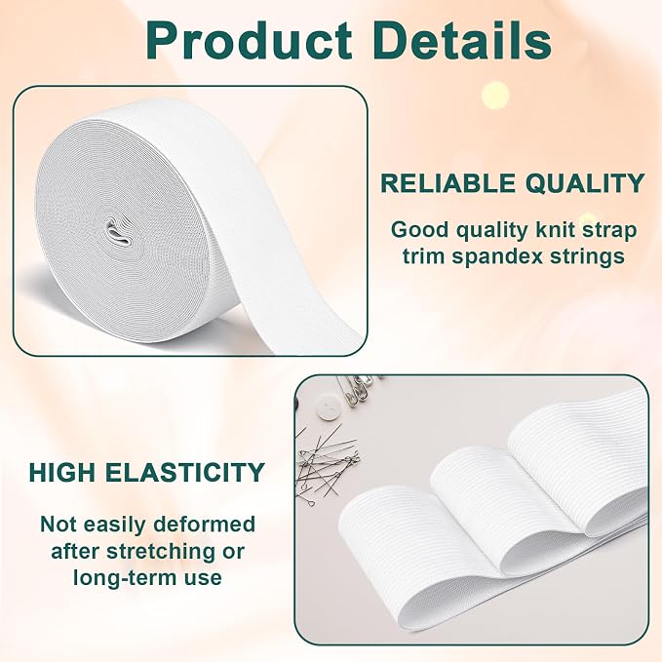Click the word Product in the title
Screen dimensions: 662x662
[250, 41]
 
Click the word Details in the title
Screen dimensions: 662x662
[462, 40]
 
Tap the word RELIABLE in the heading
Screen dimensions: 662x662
[448, 183]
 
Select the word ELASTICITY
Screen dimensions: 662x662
[185, 473]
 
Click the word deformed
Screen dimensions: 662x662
[205, 525]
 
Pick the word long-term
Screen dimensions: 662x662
[125, 578]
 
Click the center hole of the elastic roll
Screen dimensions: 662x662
[118, 233]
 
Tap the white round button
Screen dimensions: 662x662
[329, 407]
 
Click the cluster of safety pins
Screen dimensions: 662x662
[357, 388]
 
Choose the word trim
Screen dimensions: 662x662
[423, 256]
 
